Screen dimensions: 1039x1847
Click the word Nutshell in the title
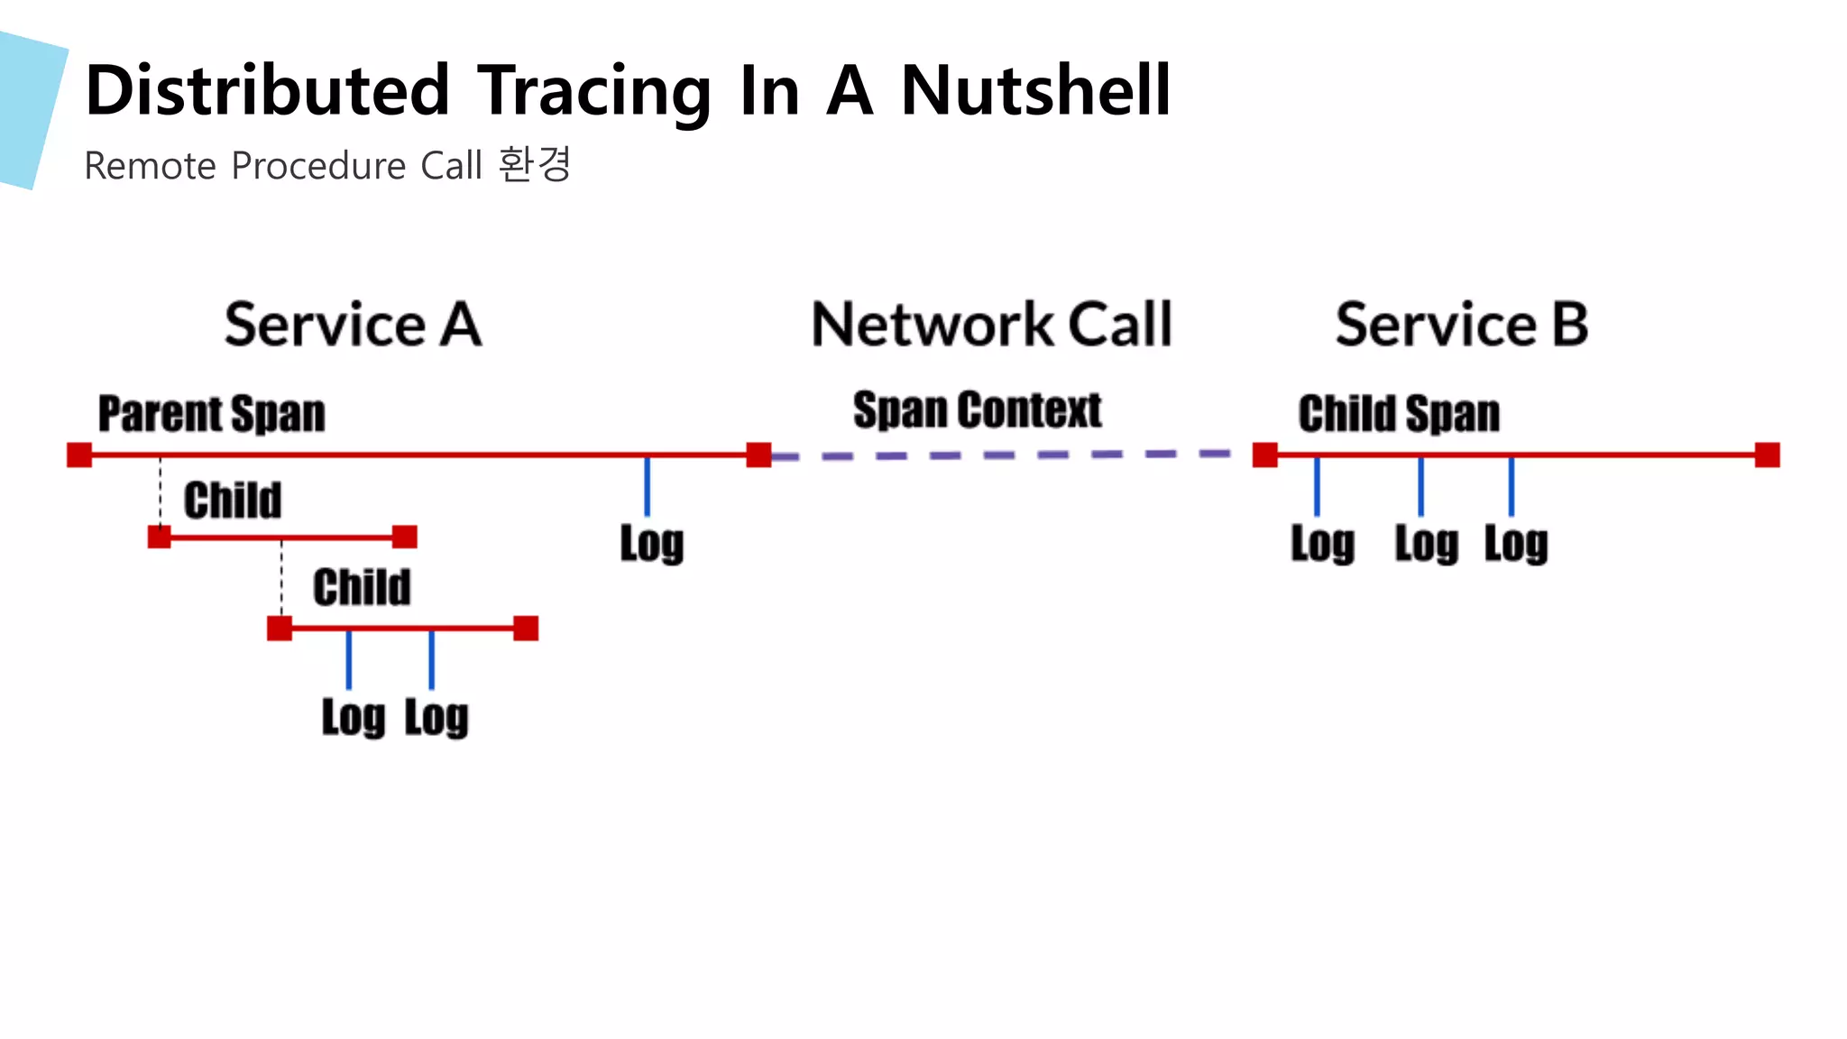click(1035, 90)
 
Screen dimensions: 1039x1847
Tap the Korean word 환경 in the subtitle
click(535, 165)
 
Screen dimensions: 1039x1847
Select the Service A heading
click(353, 325)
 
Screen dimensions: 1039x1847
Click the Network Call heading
click(991, 325)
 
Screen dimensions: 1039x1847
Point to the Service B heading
click(1461, 325)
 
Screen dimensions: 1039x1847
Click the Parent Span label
click(211, 414)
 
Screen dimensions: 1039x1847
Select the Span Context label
click(977, 410)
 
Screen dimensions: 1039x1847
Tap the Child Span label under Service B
click(1399, 414)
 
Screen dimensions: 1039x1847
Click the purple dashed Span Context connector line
click(1001, 455)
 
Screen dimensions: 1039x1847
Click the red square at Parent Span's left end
click(79, 455)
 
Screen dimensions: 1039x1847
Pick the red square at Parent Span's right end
click(758, 455)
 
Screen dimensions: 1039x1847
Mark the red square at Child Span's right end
click(1767, 455)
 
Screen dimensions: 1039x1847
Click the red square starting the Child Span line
click(1264, 455)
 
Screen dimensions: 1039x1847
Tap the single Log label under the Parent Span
click(651, 544)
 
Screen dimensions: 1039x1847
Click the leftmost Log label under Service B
click(1322, 544)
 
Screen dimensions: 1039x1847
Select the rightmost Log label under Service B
click(1516, 544)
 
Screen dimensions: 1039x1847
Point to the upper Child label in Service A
click(233, 501)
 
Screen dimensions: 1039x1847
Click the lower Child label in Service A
click(362, 588)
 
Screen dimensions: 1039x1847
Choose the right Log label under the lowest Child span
click(436, 718)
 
